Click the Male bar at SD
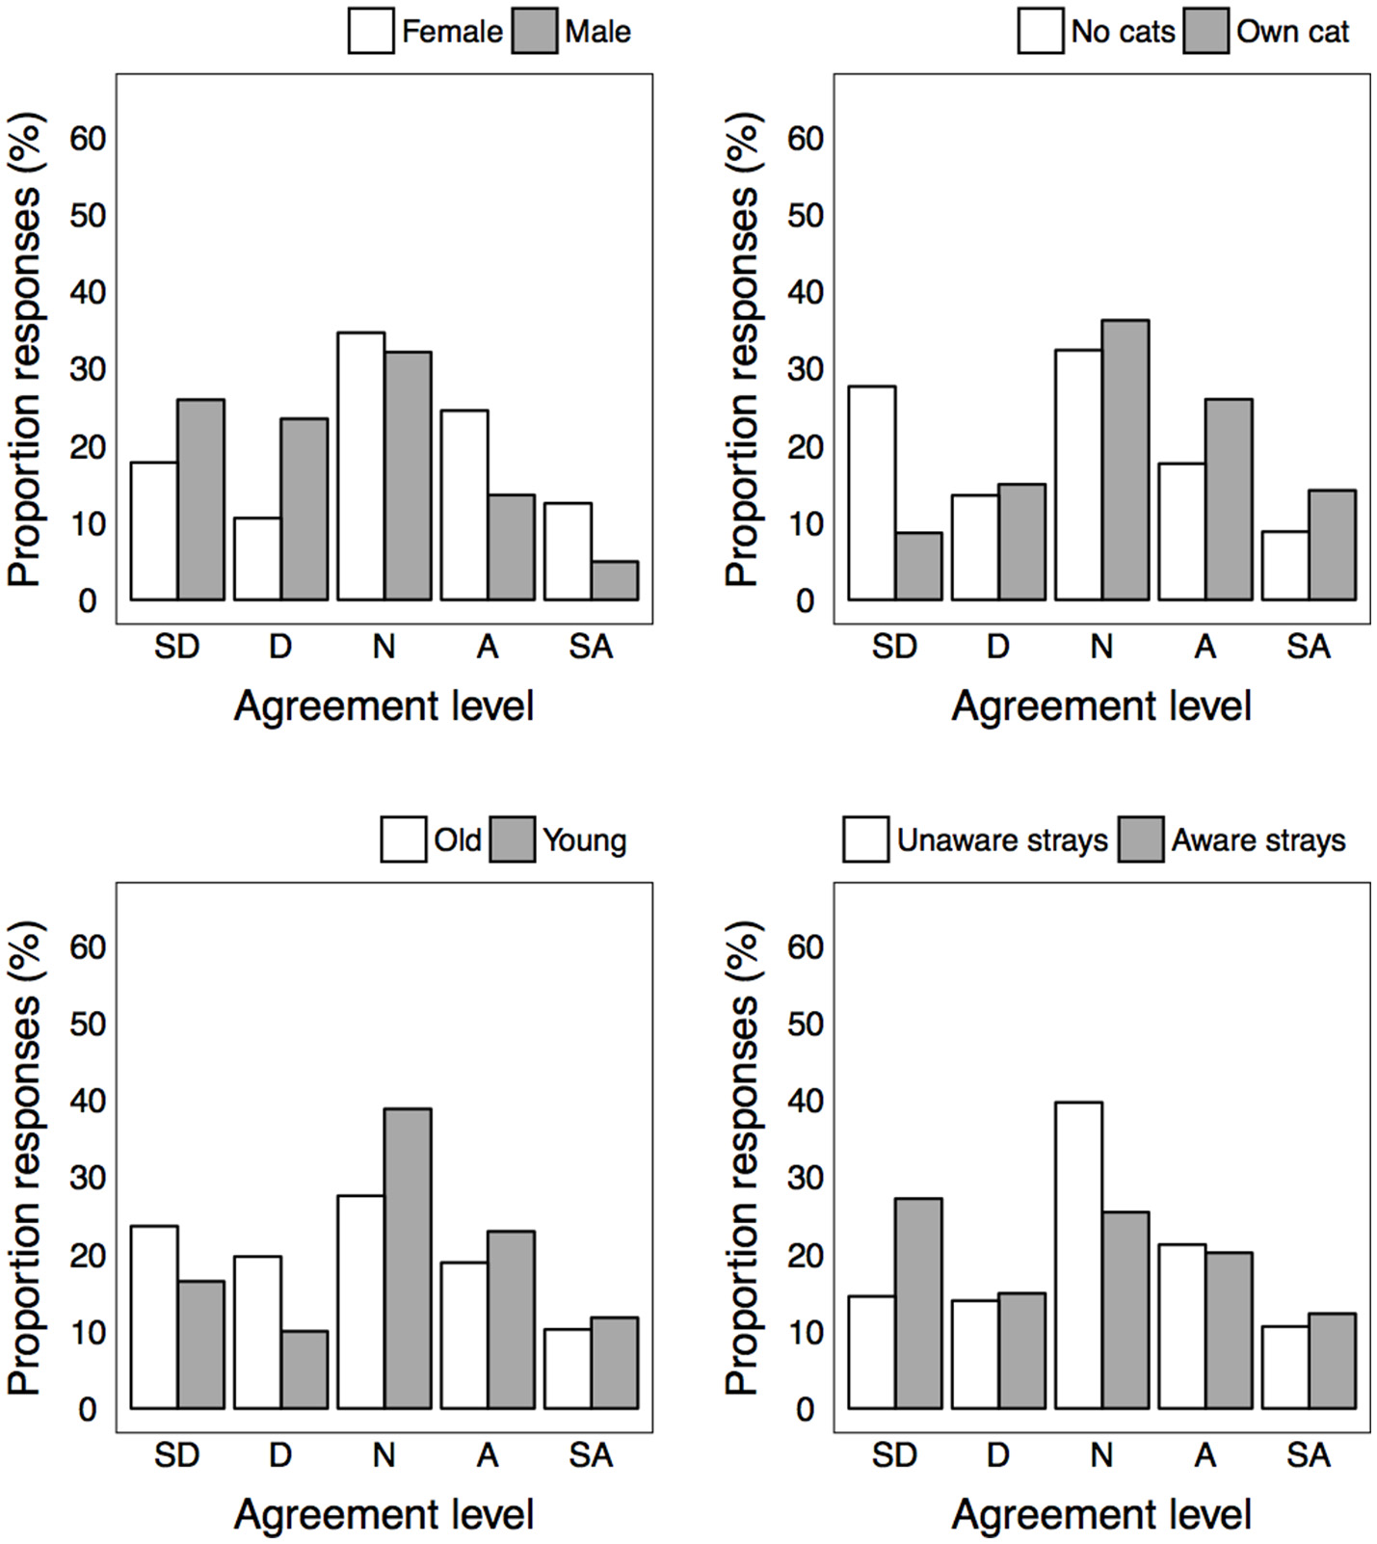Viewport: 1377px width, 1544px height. (200, 499)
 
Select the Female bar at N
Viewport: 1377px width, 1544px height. (361, 466)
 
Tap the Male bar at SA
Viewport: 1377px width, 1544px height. (615, 581)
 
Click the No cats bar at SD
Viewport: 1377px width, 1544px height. (872, 493)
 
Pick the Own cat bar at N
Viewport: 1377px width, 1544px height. (1125, 460)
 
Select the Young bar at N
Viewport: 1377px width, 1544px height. (408, 1258)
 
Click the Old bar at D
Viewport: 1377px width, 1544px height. (257, 1332)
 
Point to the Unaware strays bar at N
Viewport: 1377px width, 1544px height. (1079, 1255)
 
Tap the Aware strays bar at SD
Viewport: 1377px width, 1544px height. (918, 1303)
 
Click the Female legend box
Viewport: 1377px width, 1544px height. (371, 31)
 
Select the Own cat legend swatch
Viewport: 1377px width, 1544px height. (1205, 31)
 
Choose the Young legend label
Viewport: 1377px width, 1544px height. (584, 839)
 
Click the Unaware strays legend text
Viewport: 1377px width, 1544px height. (1002, 839)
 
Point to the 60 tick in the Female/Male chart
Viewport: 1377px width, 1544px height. (88, 139)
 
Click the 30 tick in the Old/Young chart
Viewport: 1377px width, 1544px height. (88, 1178)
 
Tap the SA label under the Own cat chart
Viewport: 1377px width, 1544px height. (1308, 647)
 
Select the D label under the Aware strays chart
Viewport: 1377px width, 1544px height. (997, 1454)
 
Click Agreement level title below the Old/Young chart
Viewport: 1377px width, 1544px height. (384, 1514)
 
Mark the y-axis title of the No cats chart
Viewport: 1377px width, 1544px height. (743, 349)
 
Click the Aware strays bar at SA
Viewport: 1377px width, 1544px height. (1332, 1360)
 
